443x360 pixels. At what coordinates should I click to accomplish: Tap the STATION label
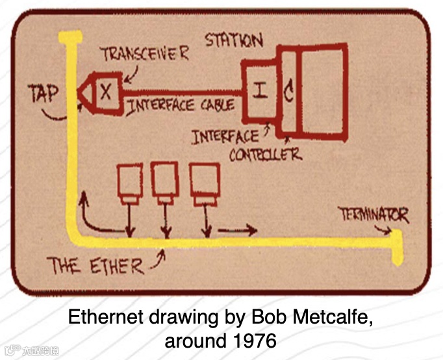pyautogui.click(x=234, y=40)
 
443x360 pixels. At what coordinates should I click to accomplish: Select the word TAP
pyautogui.click(x=44, y=94)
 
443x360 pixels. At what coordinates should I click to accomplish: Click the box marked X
pyautogui.click(x=106, y=92)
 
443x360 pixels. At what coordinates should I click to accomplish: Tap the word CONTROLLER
pyautogui.click(x=264, y=155)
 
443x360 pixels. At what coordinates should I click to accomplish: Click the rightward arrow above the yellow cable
pyautogui.click(x=237, y=230)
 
